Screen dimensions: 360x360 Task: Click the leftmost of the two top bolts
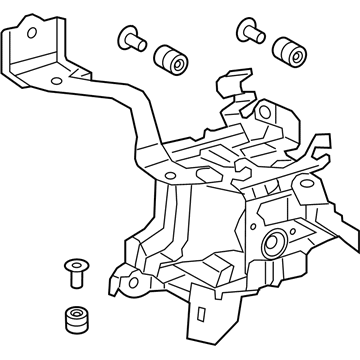point(129,41)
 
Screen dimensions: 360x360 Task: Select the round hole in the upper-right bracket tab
point(267,112)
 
